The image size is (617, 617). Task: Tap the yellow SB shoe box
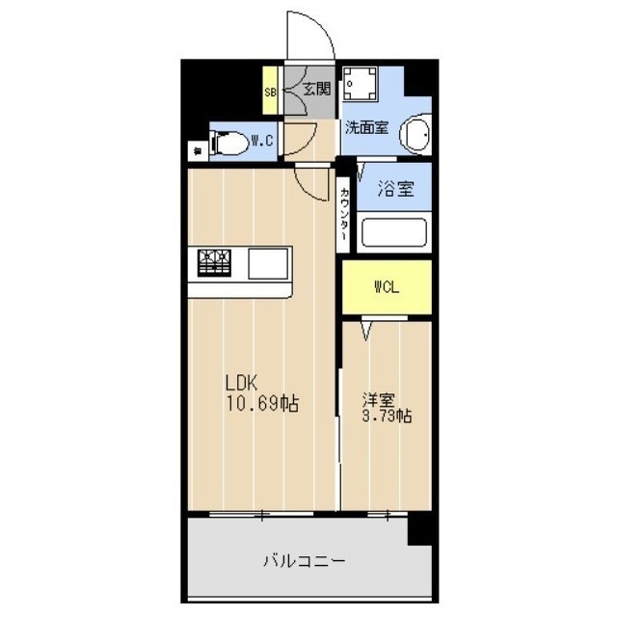pyautogui.click(x=272, y=92)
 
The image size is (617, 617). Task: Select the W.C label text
pyautogui.click(x=262, y=142)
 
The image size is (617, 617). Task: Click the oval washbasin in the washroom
pyautogui.click(x=416, y=134)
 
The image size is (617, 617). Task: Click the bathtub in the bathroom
pyautogui.click(x=393, y=234)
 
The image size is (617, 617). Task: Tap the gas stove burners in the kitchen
pyautogui.click(x=217, y=261)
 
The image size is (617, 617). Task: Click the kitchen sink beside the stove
pyautogui.click(x=268, y=262)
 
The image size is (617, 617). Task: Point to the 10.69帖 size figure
pyautogui.click(x=262, y=404)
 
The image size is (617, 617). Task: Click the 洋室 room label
pyautogui.click(x=380, y=397)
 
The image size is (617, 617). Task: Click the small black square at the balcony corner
pyautogui.click(x=419, y=527)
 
